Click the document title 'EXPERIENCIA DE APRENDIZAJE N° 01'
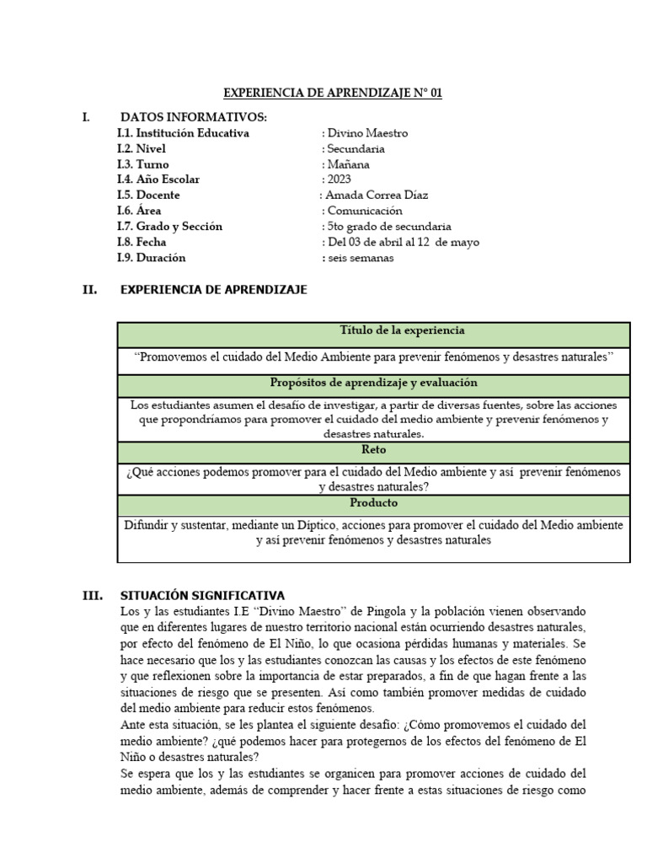(x=332, y=94)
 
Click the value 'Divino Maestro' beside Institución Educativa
(x=366, y=133)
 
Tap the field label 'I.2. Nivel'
(x=142, y=149)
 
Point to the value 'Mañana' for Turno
(x=347, y=164)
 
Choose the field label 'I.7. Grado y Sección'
(x=169, y=227)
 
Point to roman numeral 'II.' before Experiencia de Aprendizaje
(x=89, y=290)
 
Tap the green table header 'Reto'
(x=373, y=450)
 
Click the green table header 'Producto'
(x=373, y=503)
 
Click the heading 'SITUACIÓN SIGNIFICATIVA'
(x=203, y=595)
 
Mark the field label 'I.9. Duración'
(x=152, y=258)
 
